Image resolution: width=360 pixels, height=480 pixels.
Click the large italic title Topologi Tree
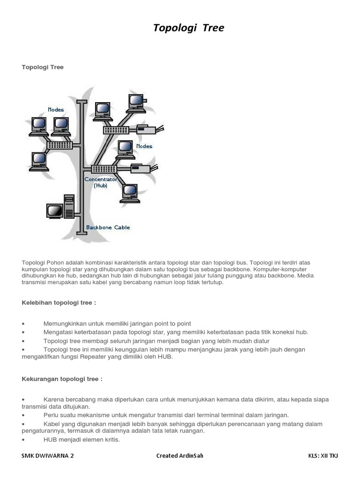(x=188, y=28)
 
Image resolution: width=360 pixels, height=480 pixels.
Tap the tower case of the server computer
(x=69, y=206)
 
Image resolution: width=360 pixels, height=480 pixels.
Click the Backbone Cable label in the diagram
(x=108, y=228)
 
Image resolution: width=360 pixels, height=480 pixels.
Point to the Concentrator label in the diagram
(x=101, y=180)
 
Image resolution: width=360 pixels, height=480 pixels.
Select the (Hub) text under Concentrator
(x=100, y=186)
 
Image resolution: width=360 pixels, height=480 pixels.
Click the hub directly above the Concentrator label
(x=104, y=169)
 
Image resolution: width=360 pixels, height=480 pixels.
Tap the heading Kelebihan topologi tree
(x=59, y=303)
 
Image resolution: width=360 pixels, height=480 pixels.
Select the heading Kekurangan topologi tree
(x=62, y=379)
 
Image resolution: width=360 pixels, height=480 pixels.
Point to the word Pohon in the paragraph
(x=53, y=262)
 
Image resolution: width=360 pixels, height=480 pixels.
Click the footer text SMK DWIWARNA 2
(x=48, y=456)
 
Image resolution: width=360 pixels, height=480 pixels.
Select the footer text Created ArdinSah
(x=180, y=456)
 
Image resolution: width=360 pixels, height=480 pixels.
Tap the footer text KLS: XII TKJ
(x=323, y=456)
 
